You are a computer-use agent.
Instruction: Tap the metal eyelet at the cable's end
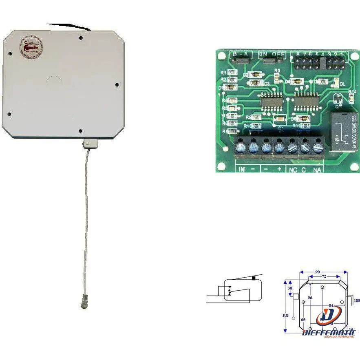(x=83, y=304)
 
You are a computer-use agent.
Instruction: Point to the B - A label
(x=241, y=54)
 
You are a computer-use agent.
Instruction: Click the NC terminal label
(x=293, y=170)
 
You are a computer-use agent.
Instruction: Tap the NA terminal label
(x=316, y=170)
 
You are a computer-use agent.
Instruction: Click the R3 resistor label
(x=277, y=71)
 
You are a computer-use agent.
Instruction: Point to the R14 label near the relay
(x=352, y=92)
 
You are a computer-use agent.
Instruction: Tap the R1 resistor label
(x=223, y=73)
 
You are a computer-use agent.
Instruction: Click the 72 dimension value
(x=324, y=277)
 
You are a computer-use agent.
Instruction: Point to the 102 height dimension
(x=286, y=315)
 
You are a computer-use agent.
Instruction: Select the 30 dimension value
(x=290, y=287)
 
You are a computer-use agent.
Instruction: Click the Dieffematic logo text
(x=329, y=332)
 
